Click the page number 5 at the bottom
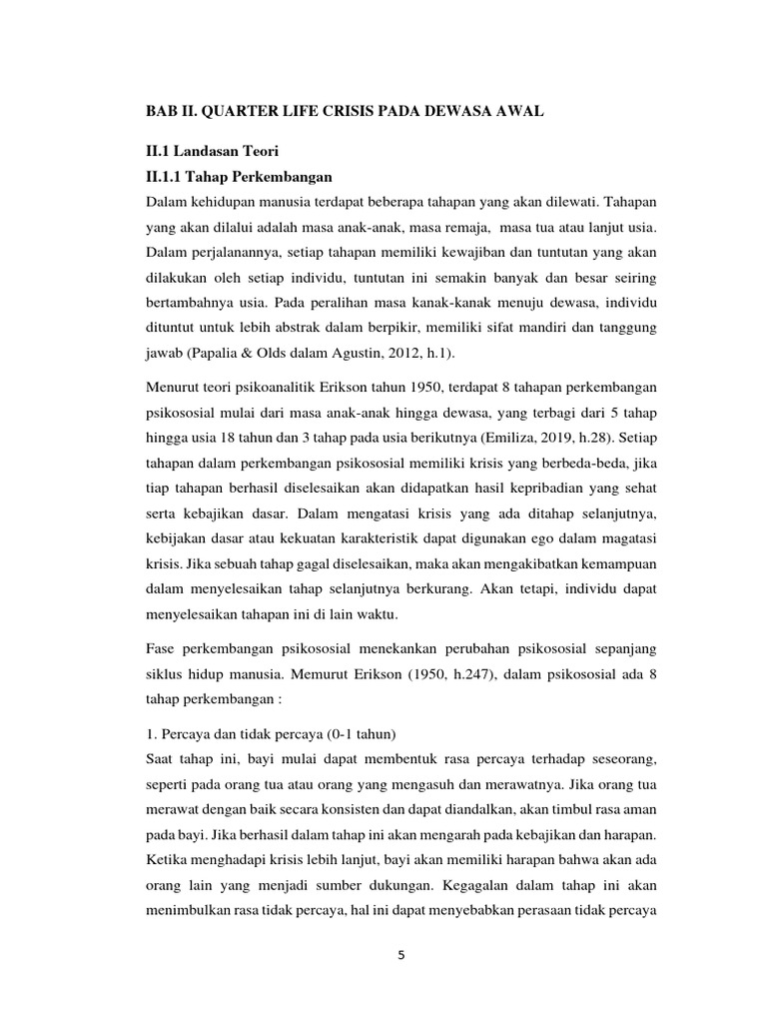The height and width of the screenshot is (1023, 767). coord(401,954)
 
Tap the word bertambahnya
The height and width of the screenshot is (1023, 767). coord(193,301)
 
